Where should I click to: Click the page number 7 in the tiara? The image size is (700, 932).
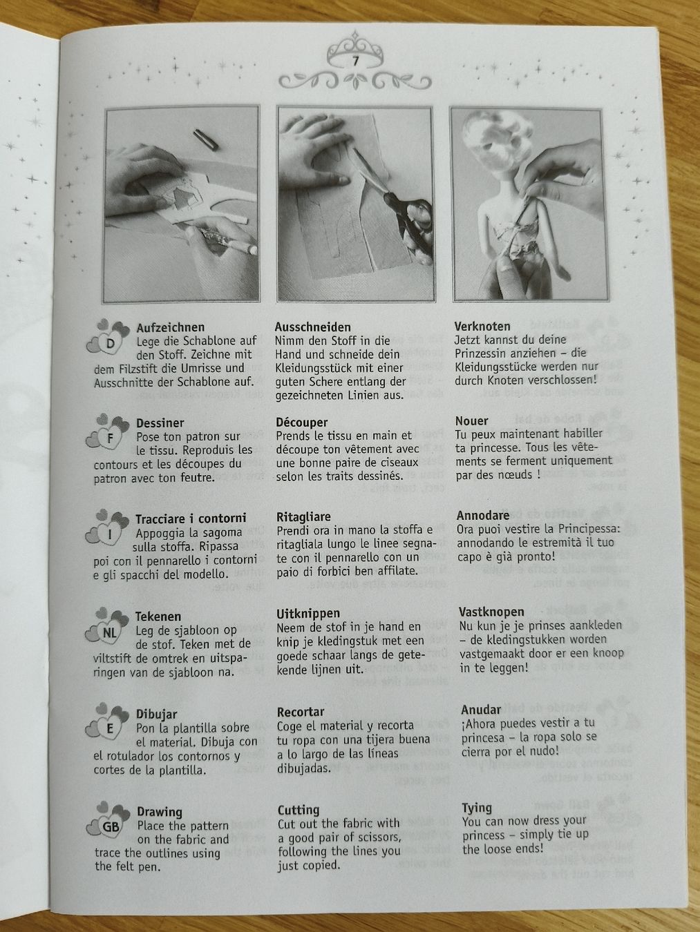click(x=355, y=61)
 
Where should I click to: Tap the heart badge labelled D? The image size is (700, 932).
click(x=108, y=338)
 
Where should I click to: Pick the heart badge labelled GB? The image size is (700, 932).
click(x=108, y=820)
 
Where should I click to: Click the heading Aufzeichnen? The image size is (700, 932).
click(x=171, y=327)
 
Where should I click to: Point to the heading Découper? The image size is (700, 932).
click(x=302, y=422)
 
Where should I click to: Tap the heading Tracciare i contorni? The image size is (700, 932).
click(x=191, y=518)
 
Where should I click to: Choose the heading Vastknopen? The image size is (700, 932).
click(x=492, y=612)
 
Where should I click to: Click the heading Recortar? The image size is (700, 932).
click(x=301, y=712)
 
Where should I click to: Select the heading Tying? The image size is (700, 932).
click(x=477, y=808)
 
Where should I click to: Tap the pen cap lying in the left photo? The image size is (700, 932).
click(x=206, y=139)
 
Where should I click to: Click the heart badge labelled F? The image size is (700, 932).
click(x=108, y=433)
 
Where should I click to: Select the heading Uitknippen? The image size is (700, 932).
click(x=308, y=614)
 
